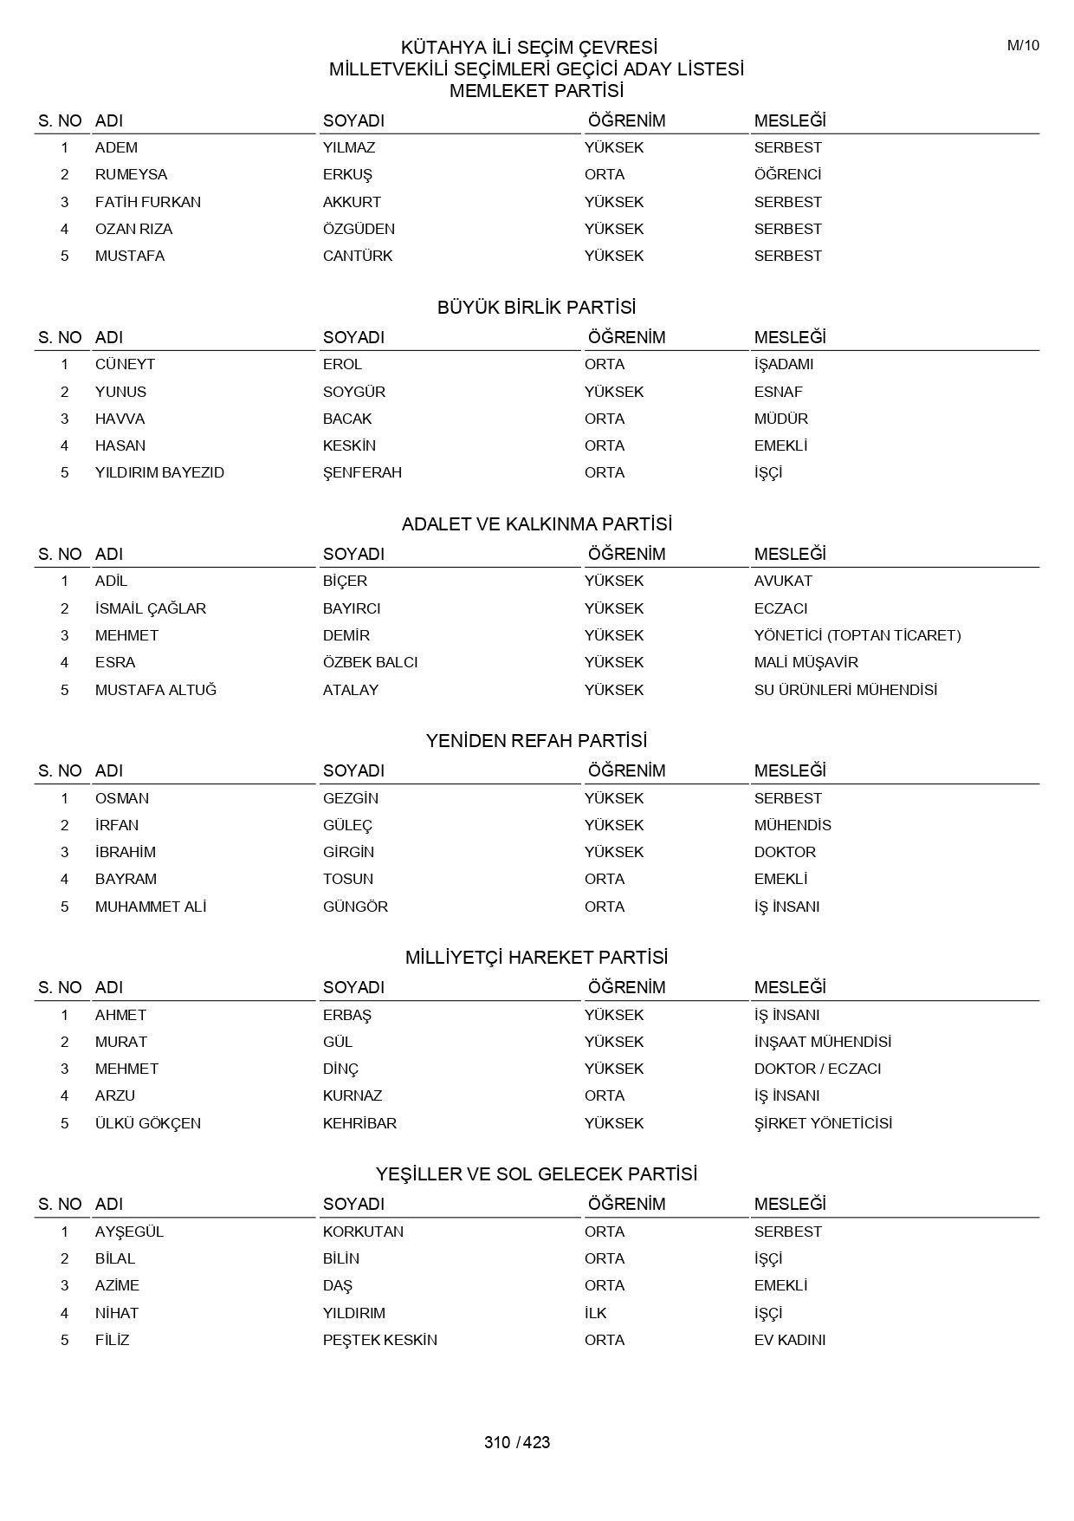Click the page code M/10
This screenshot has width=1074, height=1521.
pyautogui.click(x=1023, y=46)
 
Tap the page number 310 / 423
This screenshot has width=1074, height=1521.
pyautogui.click(x=517, y=1442)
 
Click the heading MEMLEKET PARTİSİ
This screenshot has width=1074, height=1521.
pyautogui.click(x=536, y=91)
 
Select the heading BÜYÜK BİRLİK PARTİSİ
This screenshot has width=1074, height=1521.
pyautogui.click(x=536, y=308)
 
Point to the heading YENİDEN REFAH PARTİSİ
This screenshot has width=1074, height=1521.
pyautogui.click(x=536, y=741)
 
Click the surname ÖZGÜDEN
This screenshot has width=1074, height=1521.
pyautogui.click(x=359, y=229)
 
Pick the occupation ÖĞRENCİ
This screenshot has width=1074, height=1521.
pyautogui.click(x=787, y=174)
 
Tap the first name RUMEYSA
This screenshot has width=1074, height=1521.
pyautogui.click(x=131, y=174)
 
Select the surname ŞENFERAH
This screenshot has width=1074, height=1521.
pyautogui.click(x=362, y=472)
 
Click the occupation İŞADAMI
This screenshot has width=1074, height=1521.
pyautogui.click(x=783, y=364)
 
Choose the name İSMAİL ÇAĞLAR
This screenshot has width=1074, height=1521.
pyautogui.click(x=151, y=608)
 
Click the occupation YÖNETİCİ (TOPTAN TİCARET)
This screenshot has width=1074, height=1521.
pyautogui.click(x=857, y=635)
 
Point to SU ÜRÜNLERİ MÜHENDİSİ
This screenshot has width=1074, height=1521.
pyautogui.click(x=845, y=690)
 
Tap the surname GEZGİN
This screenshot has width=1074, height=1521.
pyautogui.click(x=350, y=798)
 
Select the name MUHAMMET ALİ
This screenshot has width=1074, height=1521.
pyautogui.click(x=151, y=907)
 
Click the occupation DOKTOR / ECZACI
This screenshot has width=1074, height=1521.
pyautogui.click(x=817, y=1069)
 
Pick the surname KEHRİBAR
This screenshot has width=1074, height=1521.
pyautogui.click(x=359, y=1123)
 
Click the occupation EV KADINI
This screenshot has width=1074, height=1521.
pyautogui.click(x=789, y=1340)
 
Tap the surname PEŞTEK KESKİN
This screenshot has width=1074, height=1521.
pyautogui.click(x=379, y=1340)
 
